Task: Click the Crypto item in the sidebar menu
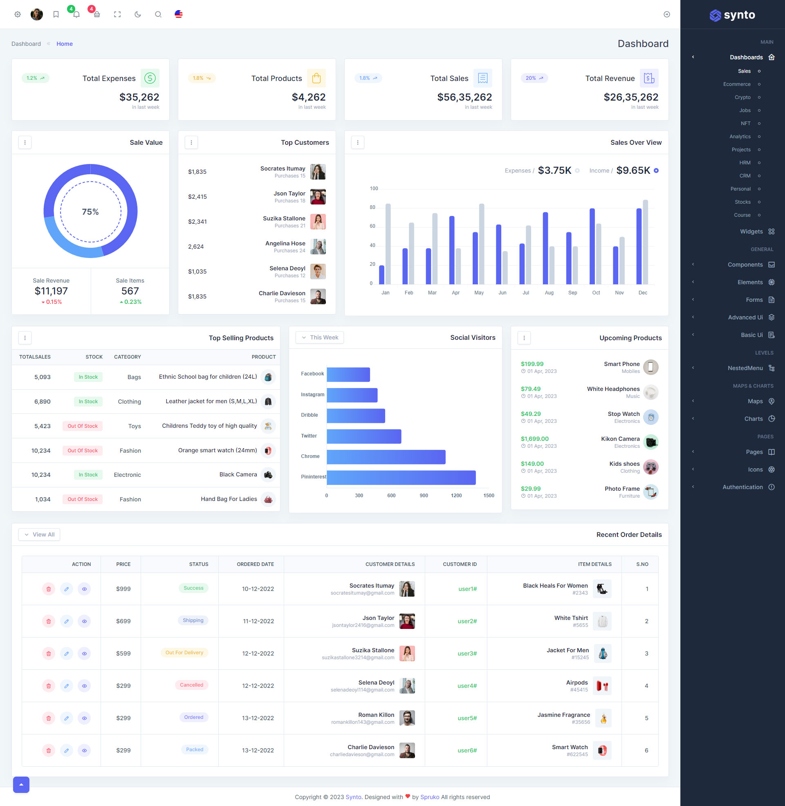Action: coord(742,97)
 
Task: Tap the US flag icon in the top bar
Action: coord(179,14)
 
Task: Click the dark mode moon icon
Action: coord(138,14)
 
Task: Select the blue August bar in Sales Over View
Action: coord(545,248)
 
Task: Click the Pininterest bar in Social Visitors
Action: coord(401,477)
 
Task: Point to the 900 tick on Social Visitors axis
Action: coord(424,495)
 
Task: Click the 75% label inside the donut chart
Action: coord(90,212)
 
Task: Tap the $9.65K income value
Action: coord(633,171)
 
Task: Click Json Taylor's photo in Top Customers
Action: coord(318,197)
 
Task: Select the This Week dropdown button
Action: coord(320,337)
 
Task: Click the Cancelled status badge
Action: coord(191,685)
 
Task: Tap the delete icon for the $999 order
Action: coord(49,589)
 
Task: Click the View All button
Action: coord(39,534)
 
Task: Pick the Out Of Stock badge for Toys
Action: coord(83,426)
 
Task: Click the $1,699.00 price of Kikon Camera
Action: coord(534,439)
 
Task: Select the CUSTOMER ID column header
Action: coord(459,564)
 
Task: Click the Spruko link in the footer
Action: coord(429,797)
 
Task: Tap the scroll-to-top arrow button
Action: coord(21,784)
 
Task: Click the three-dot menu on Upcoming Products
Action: coord(524,338)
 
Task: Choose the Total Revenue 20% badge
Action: coord(534,79)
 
